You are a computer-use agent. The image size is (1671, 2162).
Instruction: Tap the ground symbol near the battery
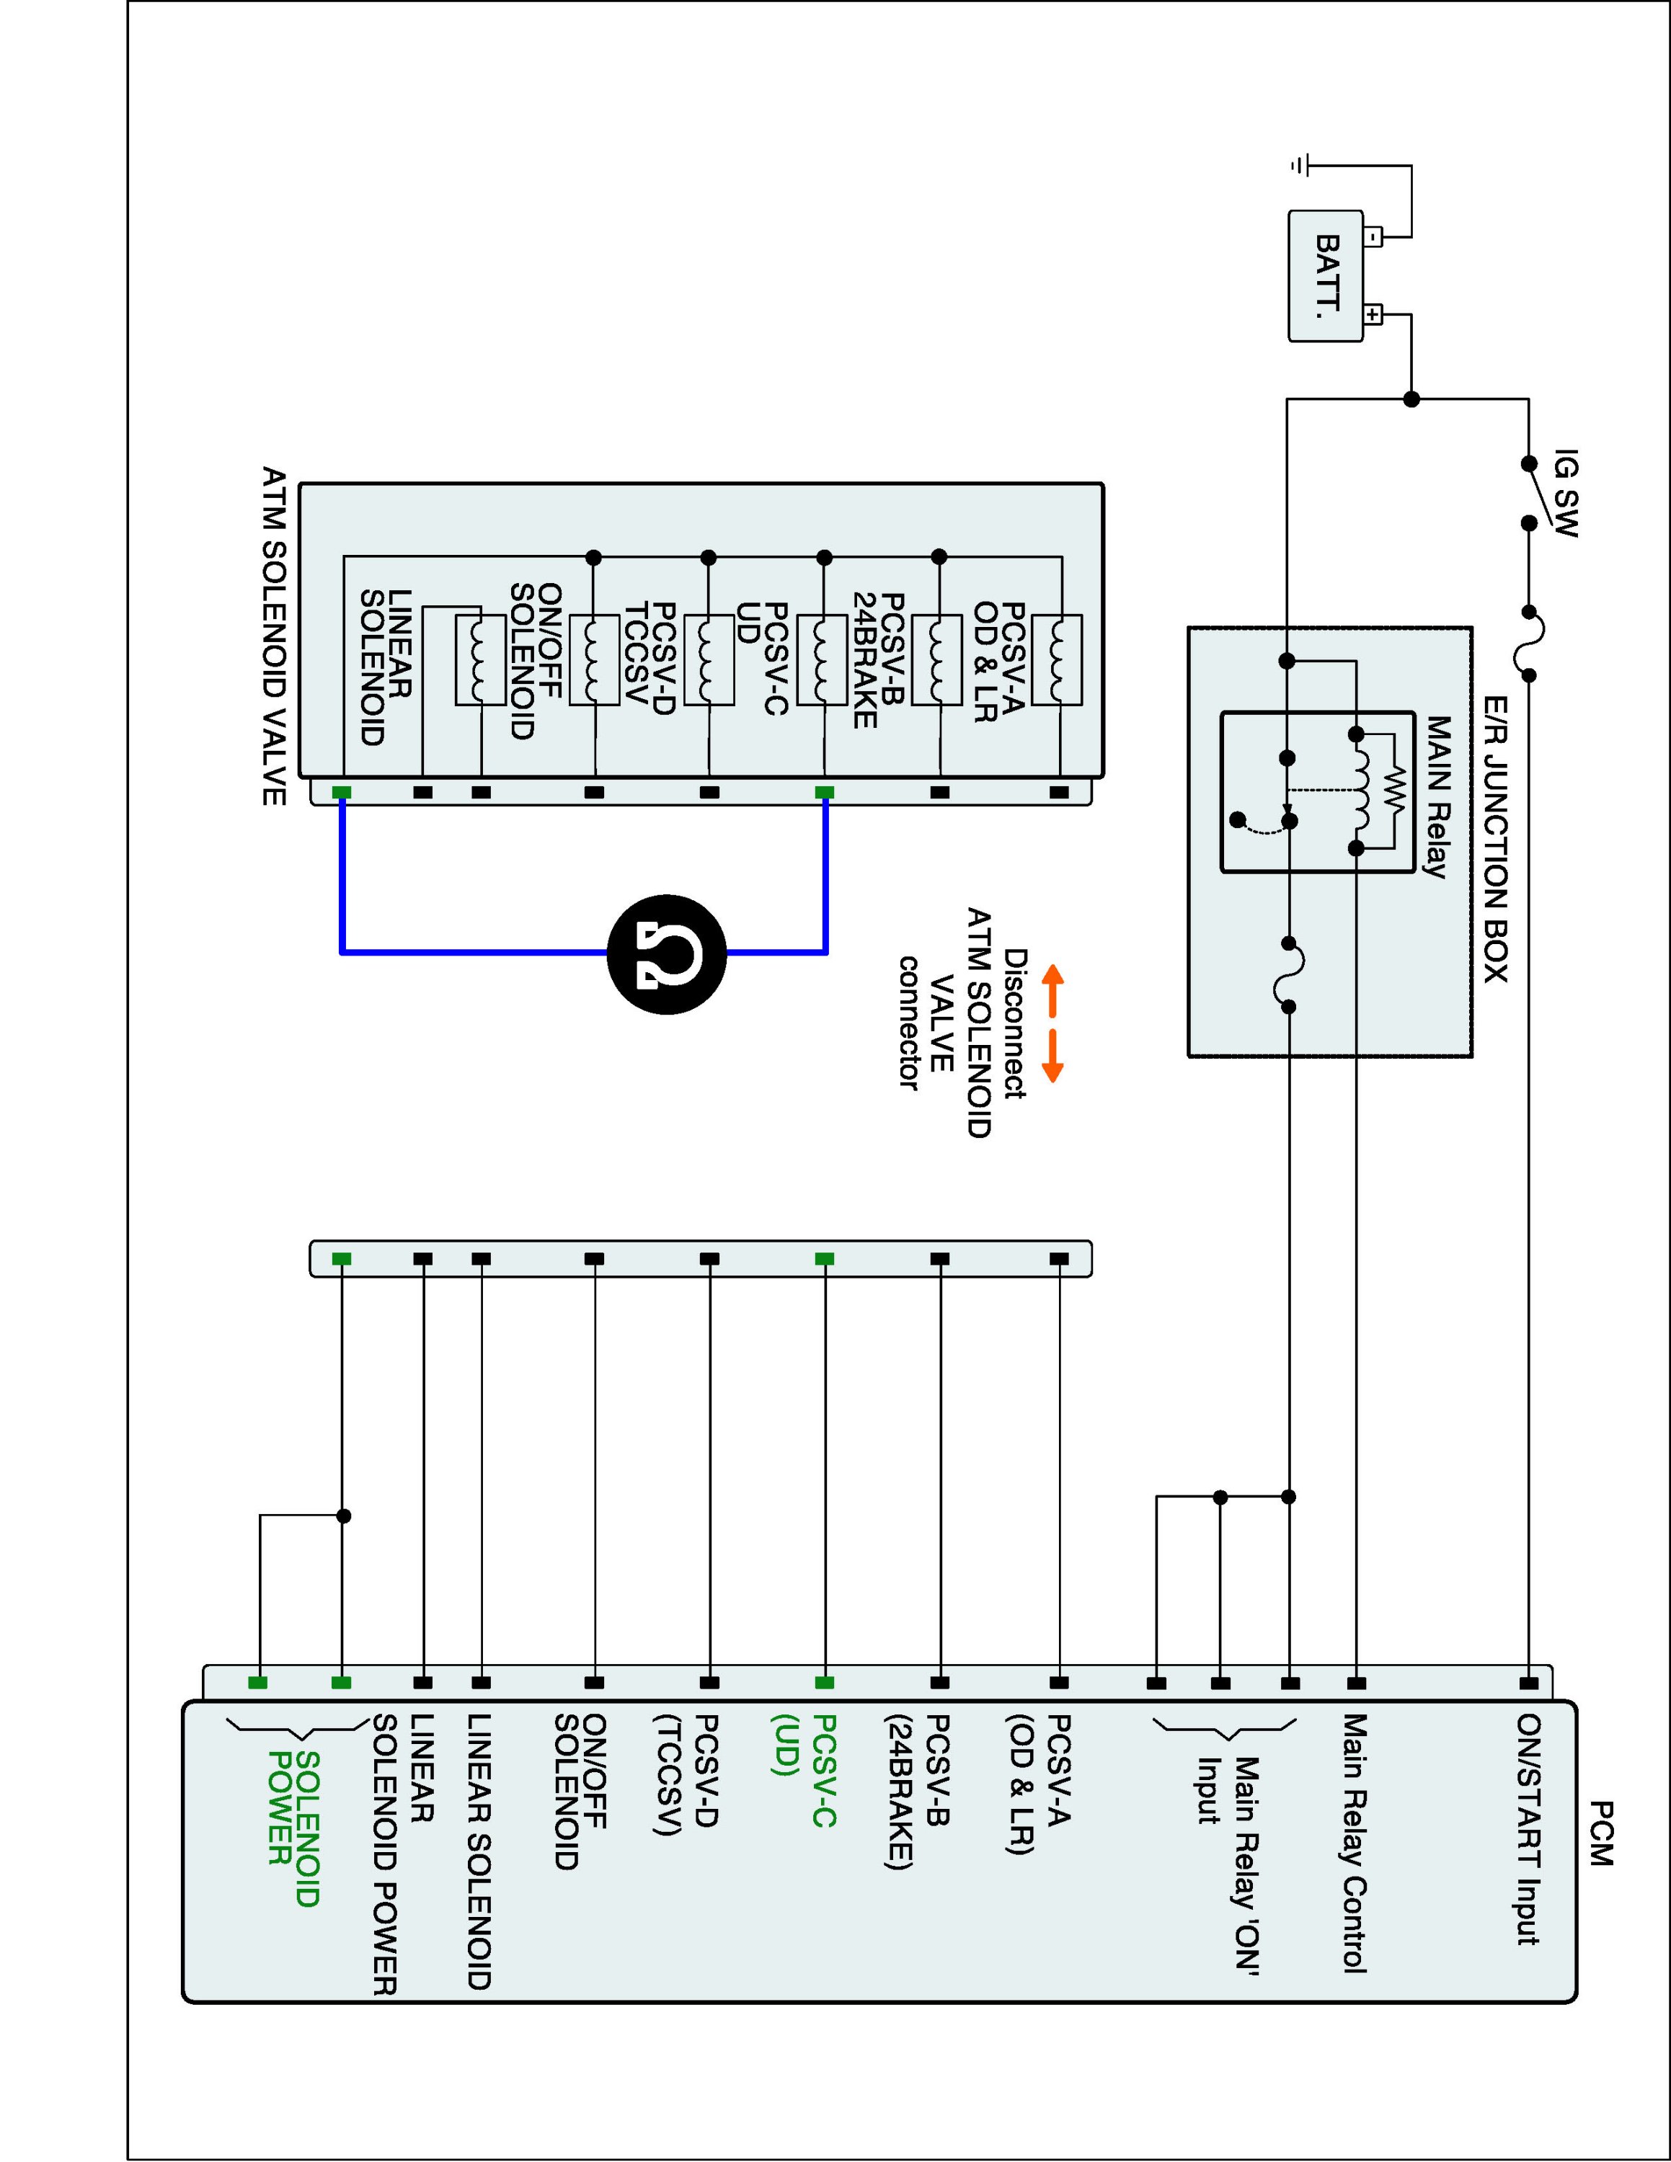pyautogui.click(x=1300, y=165)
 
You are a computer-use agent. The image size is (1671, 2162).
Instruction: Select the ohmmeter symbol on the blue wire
pyautogui.click(x=666, y=953)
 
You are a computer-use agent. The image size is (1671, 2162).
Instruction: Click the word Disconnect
pyautogui.click(x=1015, y=1023)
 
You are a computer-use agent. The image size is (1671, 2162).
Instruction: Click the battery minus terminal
pyautogui.click(x=1373, y=238)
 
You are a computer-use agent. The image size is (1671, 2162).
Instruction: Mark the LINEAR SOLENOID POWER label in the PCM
pyautogui.click(x=403, y=1854)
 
